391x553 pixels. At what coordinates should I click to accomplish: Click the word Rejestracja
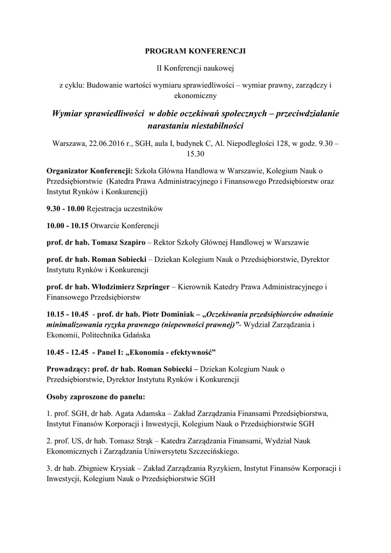[x=105, y=208]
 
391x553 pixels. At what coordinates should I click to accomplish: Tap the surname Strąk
[x=159, y=441]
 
